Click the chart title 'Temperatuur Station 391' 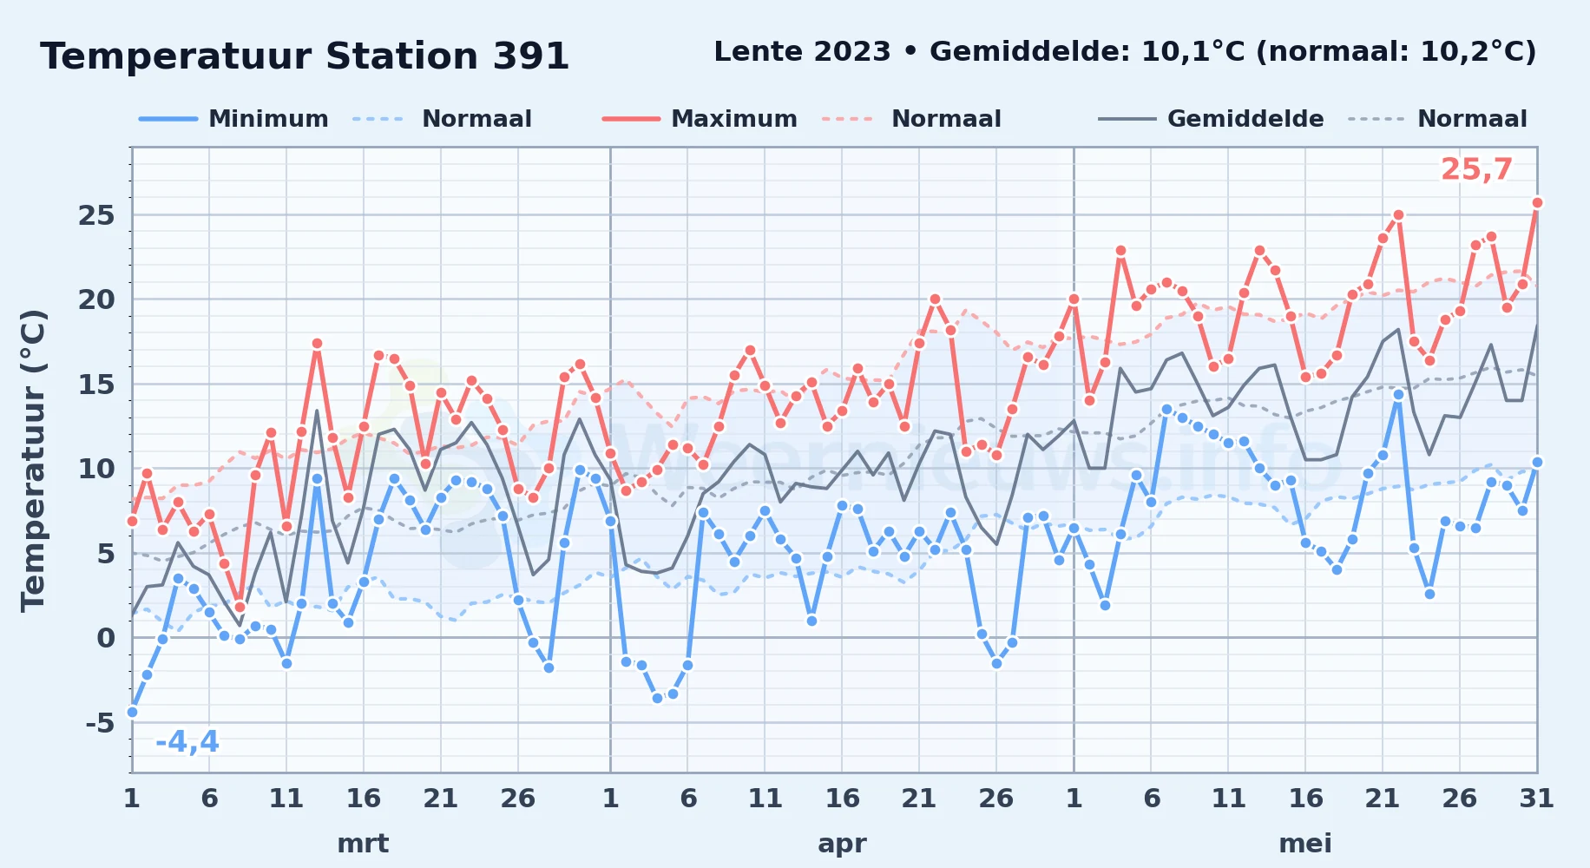tap(305, 56)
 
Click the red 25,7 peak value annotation tap(1476, 170)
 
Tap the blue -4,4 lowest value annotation tap(187, 742)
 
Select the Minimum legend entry tap(233, 119)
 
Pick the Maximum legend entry tap(700, 119)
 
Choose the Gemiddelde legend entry tap(1211, 119)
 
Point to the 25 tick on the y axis tap(96, 215)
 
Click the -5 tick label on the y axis tap(100, 723)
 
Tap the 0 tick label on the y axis tap(106, 638)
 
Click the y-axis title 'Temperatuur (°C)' tap(33, 460)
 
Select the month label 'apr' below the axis tap(842, 844)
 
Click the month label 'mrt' tap(363, 844)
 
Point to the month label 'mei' tap(1305, 844)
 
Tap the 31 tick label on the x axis tap(1536, 798)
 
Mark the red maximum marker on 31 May tap(1537, 202)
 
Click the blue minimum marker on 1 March tap(132, 712)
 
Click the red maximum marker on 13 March tap(317, 344)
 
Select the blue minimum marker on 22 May tap(1398, 394)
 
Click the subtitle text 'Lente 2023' tap(802, 52)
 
